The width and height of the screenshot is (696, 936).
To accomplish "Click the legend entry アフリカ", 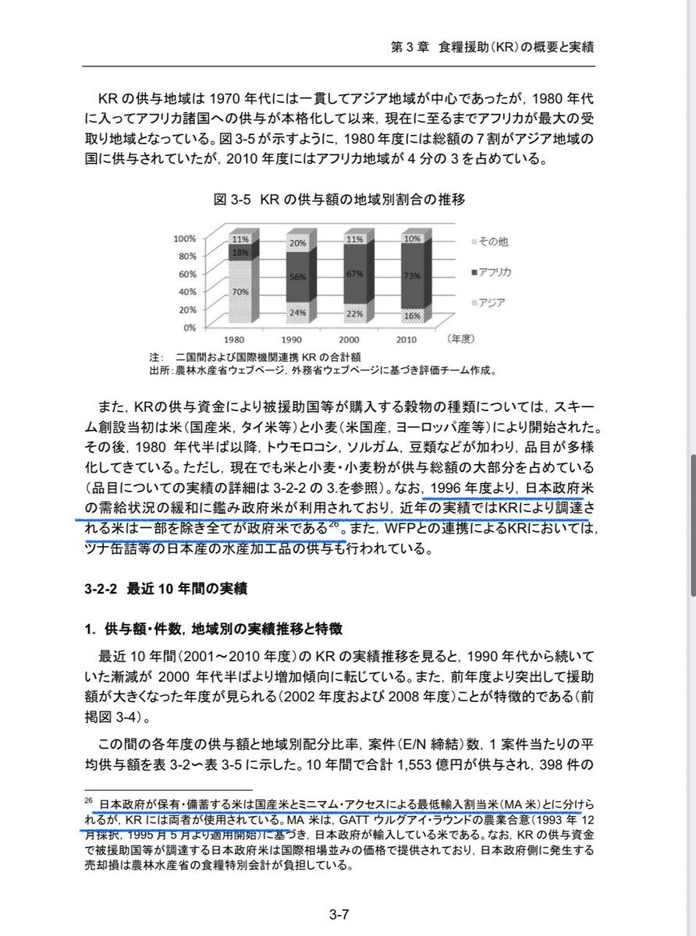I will point(492,273).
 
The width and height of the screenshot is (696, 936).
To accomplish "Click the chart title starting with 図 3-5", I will point(339,200).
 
